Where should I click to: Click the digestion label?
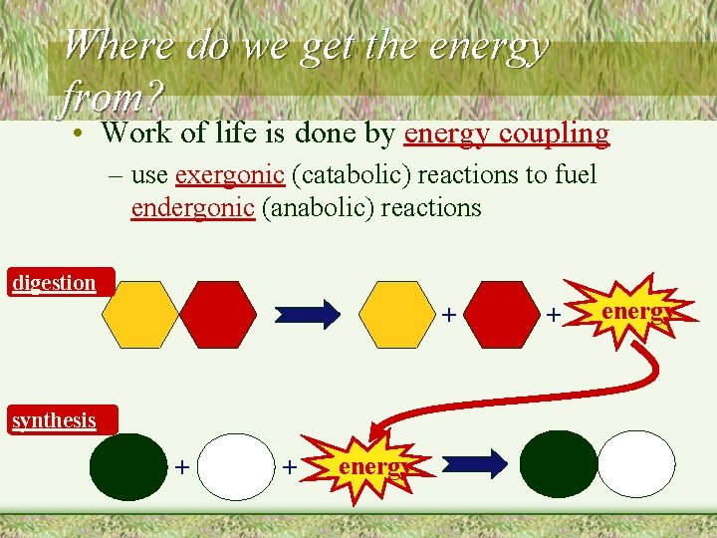click(x=55, y=283)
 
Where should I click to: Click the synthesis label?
click(x=55, y=420)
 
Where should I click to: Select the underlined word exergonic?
click(x=230, y=175)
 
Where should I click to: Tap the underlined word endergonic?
click(x=192, y=208)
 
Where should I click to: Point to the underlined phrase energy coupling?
click(x=506, y=133)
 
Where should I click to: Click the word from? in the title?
click(x=112, y=97)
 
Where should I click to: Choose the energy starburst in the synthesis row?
click(x=367, y=465)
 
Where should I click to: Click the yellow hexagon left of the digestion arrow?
click(x=140, y=315)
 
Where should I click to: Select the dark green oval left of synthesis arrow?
click(x=128, y=465)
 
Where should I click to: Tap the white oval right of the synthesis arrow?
click(x=635, y=463)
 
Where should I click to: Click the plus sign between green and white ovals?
click(x=182, y=465)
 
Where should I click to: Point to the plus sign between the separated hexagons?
click(x=449, y=316)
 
